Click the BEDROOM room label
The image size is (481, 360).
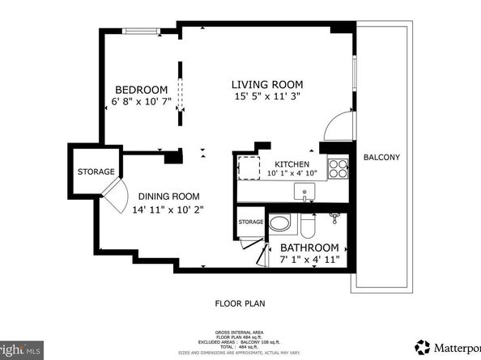(x=141, y=90)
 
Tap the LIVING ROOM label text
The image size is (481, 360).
(x=267, y=84)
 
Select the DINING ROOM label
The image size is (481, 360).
(x=168, y=196)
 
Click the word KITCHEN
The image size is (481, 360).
(x=292, y=163)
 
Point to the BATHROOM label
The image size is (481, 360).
(x=309, y=248)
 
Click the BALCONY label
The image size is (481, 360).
(x=381, y=157)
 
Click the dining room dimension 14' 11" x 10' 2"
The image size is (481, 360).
(x=169, y=209)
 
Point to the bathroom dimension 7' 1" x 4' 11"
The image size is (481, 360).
(x=309, y=260)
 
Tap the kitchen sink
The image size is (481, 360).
(x=304, y=194)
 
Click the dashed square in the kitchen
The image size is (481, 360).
(x=247, y=167)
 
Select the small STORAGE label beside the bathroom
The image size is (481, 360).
(x=250, y=222)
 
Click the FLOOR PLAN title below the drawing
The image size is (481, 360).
(x=240, y=303)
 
